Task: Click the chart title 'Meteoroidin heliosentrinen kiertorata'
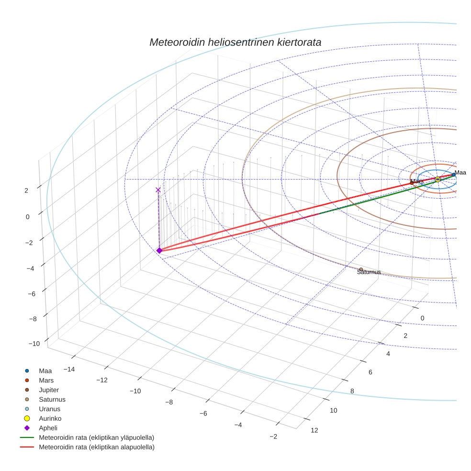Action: click(235, 42)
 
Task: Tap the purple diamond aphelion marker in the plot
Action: click(159, 250)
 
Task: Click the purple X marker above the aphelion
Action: click(158, 190)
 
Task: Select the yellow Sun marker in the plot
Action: click(437, 179)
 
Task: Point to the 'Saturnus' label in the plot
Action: click(369, 272)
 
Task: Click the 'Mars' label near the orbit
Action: click(417, 181)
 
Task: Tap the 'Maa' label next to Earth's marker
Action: click(460, 172)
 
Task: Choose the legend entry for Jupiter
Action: click(49, 390)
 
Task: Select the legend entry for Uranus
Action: click(49, 409)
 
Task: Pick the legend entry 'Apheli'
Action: click(48, 428)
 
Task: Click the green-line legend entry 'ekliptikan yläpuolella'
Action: click(96, 437)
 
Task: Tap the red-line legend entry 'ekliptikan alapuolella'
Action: click(96, 447)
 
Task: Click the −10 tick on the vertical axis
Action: click(34, 344)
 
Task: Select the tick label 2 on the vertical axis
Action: click(26, 190)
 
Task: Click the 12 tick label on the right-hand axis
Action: click(314, 430)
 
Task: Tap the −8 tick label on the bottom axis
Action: click(169, 402)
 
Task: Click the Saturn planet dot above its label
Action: click(361, 269)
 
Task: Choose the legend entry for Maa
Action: click(45, 370)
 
